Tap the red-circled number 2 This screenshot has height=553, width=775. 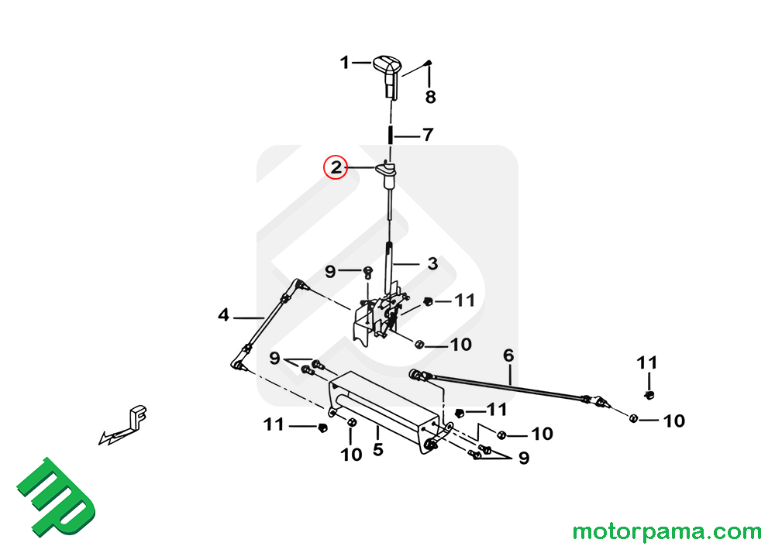(336, 167)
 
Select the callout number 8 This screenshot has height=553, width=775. (430, 98)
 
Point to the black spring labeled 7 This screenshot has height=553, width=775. (391, 135)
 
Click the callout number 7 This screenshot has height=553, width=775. (428, 134)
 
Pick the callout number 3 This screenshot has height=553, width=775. (432, 263)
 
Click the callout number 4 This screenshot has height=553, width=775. (223, 314)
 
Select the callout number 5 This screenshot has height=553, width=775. (378, 449)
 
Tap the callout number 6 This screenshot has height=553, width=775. (508, 355)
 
